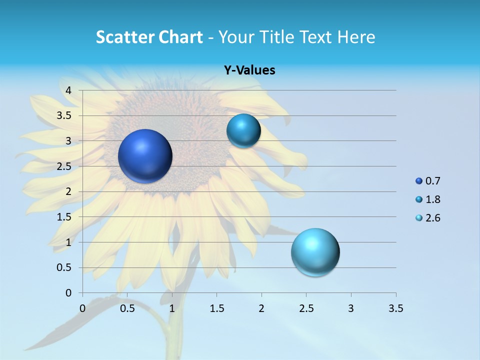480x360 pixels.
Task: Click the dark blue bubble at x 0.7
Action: (x=145, y=156)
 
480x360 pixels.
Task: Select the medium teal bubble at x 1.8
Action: (x=243, y=131)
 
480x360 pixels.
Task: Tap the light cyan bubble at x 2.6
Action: (x=315, y=252)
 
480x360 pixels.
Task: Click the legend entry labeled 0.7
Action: (x=432, y=181)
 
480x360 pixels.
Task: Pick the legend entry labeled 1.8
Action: (x=432, y=199)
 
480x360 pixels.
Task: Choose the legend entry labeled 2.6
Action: (x=432, y=218)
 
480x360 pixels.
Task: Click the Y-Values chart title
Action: (x=249, y=70)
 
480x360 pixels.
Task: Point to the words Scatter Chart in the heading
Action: (x=149, y=37)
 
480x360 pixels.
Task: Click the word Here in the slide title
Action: (x=356, y=37)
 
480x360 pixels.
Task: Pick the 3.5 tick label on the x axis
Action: (x=395, y=308)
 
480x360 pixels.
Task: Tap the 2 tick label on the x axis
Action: (x=261, y=308)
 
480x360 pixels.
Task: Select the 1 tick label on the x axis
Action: (x=172, y=308)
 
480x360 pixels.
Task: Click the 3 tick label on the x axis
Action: (x=351, y=308)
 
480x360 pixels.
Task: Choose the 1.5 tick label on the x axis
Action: (x=216, y=308)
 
